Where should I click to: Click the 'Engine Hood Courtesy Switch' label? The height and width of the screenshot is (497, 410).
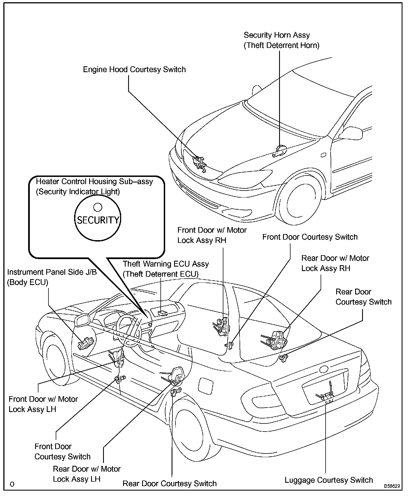[x=134, y=69]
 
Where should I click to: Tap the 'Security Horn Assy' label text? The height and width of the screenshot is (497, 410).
[x=277, y=35]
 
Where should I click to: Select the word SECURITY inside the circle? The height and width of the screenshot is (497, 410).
[x=98, y=220]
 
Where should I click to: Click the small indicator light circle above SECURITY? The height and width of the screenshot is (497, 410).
[x=97, y=207]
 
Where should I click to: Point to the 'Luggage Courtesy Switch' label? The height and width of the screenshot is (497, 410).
[x=329, y=480]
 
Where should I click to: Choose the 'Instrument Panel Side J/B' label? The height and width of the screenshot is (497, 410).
[x=52, y=272]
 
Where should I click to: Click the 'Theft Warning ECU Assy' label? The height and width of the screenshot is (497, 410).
[x=166, y=264]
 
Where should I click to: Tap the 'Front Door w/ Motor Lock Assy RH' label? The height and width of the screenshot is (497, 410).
[x=212, y=235]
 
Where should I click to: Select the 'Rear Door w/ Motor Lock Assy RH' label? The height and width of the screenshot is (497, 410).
[x=335, y=263]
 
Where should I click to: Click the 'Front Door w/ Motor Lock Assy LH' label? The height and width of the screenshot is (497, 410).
[x=43, y=404]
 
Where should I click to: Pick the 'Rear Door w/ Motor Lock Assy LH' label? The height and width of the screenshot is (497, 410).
[x=87, y=474]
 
